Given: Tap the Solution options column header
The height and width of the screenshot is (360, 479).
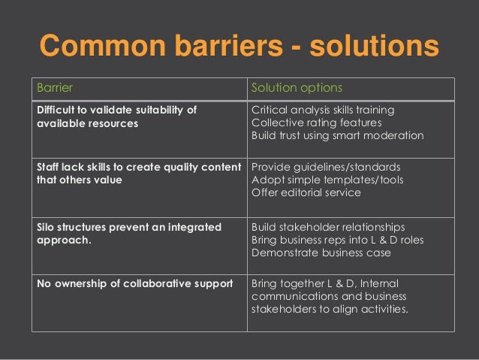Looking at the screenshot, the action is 297,88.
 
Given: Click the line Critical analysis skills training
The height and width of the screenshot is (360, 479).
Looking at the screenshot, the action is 323,110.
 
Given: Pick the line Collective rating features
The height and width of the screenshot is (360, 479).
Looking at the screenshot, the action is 316,123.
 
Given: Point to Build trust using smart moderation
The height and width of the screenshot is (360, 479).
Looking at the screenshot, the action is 337,136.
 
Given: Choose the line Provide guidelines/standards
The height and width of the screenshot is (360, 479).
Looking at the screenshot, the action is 326,167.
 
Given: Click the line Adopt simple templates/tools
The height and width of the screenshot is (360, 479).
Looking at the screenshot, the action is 327,180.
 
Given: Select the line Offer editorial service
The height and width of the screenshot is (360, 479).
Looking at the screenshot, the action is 306,192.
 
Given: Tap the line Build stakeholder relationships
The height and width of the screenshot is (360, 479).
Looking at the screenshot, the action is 328,227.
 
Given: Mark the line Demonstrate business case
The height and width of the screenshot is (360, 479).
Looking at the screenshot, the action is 321,253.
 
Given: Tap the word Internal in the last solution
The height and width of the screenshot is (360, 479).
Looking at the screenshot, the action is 383,285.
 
